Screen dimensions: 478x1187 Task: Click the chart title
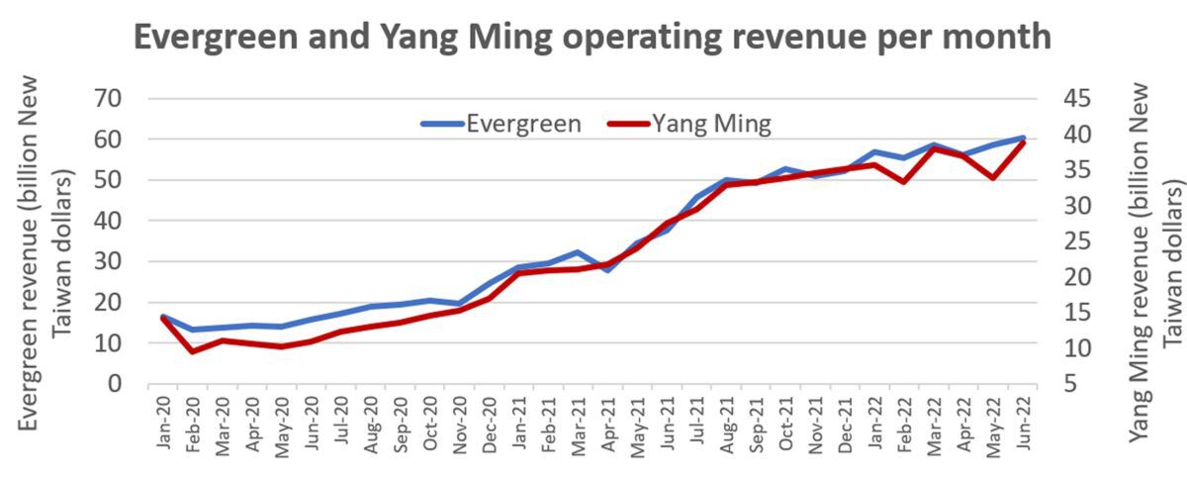[592, 38]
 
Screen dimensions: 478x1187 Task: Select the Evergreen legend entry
[502, 124]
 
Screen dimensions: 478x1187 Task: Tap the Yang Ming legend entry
[689, 124]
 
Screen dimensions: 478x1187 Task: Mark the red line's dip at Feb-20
[193, 351]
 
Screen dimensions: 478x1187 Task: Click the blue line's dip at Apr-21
[607, 270]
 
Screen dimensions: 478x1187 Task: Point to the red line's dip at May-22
[992, 178]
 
